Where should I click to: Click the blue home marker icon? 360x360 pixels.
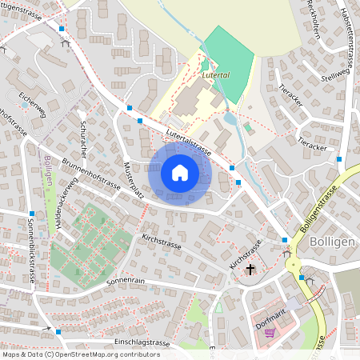pos(180,172)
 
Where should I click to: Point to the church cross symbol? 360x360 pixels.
pos(251,270)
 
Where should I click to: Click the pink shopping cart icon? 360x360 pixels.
pos(270,332)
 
